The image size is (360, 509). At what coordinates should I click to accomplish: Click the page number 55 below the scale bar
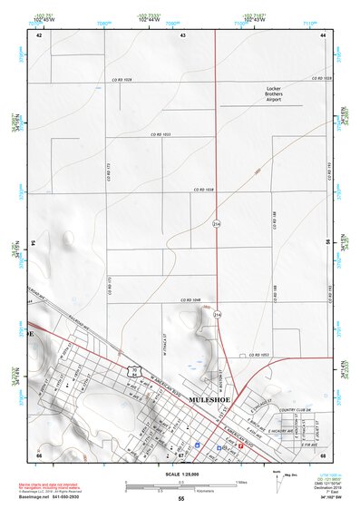180,499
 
